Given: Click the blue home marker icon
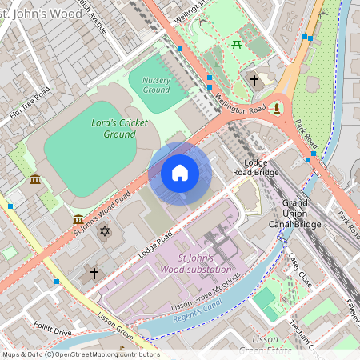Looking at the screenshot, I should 180,173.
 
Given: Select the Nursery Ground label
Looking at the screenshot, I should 156,86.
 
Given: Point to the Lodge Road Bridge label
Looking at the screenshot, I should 256,167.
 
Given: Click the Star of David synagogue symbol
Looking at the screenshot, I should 104,232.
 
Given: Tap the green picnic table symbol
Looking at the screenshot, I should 237,45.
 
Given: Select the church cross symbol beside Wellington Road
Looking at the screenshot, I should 254,81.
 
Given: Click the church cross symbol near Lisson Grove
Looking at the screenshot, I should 94,274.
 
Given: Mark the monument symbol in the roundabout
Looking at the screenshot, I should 276,108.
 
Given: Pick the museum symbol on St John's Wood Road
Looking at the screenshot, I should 78,219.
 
